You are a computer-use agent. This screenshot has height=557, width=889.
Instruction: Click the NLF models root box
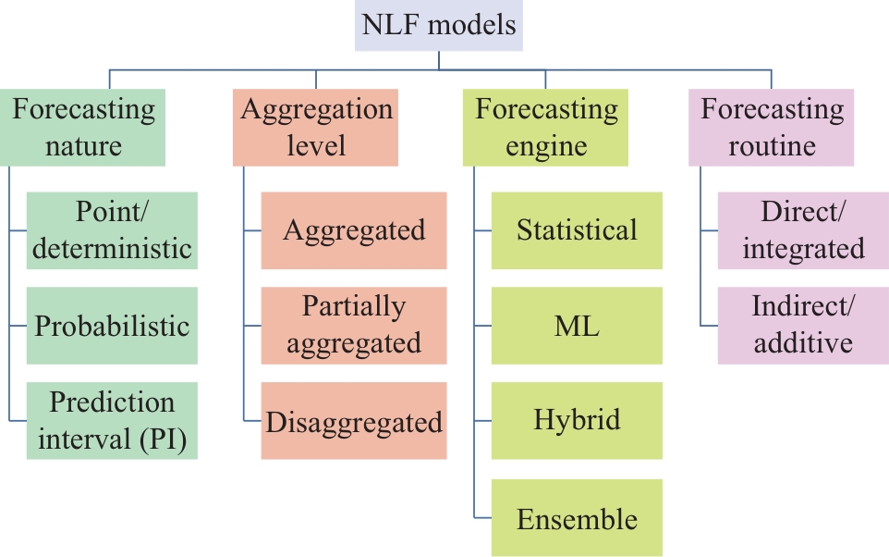439,26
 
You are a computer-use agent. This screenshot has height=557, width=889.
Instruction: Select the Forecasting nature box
83,127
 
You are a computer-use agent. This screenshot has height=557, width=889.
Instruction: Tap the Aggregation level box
315,127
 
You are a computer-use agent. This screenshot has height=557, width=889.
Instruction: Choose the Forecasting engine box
545,127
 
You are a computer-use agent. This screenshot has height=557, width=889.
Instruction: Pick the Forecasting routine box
771,127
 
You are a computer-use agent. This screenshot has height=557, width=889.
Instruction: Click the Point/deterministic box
112,230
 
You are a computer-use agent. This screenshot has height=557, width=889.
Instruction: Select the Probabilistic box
112,326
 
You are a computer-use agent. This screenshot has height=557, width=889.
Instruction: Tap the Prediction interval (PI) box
112,421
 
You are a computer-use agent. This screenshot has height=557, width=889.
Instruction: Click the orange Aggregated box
354,230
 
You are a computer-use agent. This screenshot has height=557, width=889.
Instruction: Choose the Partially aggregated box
354,326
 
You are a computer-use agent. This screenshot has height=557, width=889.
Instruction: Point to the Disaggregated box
354,421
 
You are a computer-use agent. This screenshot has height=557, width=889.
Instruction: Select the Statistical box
577,230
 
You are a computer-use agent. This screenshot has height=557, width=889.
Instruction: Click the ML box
577,326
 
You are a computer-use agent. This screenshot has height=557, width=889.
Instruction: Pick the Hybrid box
577,421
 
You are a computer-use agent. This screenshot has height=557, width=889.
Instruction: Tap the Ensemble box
577,518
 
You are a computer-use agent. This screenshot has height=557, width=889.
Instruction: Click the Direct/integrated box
803,230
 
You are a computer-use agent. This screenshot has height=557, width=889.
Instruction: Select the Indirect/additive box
803,326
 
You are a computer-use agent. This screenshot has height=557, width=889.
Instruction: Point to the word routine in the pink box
772,146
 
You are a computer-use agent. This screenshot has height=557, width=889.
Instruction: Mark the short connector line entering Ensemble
482,518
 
